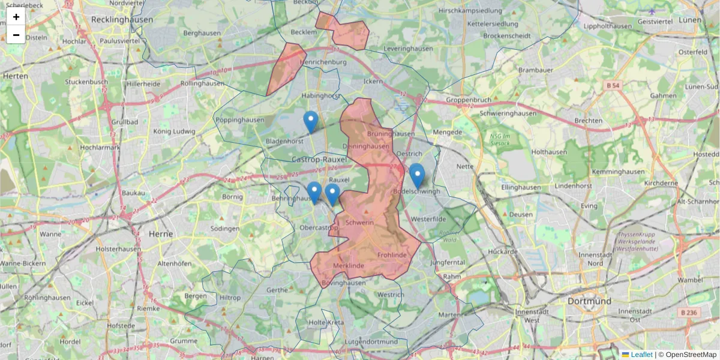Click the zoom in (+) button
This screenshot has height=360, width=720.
click(16, 17)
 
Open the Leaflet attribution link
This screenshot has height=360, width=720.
click(641, 355)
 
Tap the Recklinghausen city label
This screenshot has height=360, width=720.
click(122, 19)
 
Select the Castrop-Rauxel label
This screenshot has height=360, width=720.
click(319, 160)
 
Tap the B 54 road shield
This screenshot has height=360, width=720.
click(613, 86)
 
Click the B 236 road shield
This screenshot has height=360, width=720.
click(690, 312)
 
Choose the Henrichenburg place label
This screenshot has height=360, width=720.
click(324, 62)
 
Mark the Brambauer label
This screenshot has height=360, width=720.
click(535, 70)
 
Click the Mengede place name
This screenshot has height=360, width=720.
click(448, 132)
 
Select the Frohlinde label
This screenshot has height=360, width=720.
click(392, 255)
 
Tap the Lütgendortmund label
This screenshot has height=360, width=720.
click(372, 342)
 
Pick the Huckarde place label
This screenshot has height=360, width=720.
click(503, 251)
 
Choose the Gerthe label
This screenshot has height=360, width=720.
click(277, 289)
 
